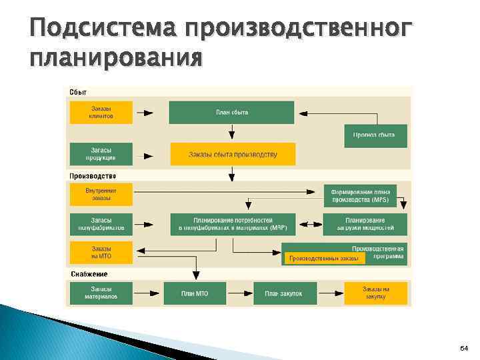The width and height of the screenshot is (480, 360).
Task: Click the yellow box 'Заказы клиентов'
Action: pos(101,112)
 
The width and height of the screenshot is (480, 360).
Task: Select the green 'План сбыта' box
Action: pos(231,112)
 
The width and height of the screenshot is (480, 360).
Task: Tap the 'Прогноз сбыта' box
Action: pos(374,135)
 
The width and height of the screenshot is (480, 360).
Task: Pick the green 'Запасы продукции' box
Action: pos(101,155)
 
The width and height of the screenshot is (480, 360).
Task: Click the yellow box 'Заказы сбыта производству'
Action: pos(233,155)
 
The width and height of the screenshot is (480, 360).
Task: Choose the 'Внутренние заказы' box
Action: pos(101,194)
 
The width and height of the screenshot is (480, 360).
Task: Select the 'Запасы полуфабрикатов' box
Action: pos(101,224)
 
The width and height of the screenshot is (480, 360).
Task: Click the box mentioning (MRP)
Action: pos(233,224)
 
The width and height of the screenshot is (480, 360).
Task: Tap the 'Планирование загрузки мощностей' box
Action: pos(365,224)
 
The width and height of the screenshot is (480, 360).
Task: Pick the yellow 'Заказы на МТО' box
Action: pos(101,253)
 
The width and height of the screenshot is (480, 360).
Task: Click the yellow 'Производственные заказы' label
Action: pos(324,257)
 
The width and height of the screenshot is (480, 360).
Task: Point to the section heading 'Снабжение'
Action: pos(89,274)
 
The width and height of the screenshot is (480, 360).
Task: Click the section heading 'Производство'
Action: pos(93,176)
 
